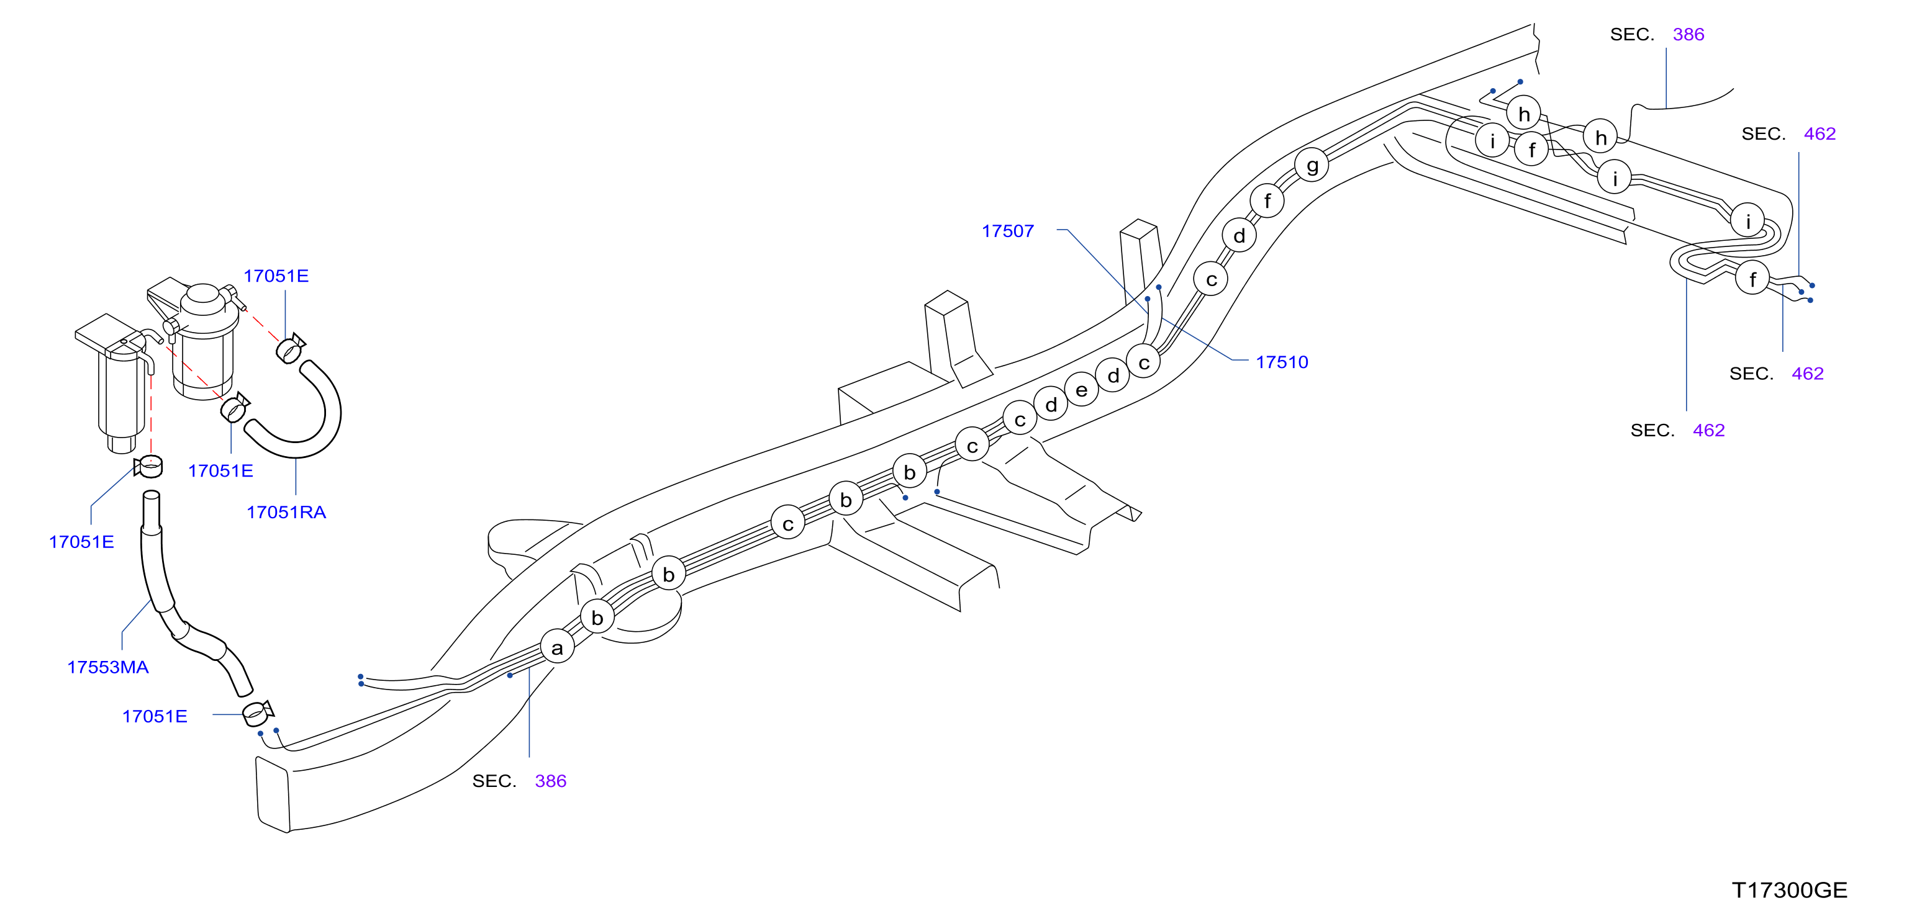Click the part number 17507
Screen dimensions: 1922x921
1007,231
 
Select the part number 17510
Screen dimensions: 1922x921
1282,362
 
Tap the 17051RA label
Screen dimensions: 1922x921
286,513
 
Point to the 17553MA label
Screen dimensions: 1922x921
108,667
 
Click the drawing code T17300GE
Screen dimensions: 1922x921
1789,891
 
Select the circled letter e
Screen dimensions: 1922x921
1082,389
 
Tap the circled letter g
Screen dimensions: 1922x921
1312,165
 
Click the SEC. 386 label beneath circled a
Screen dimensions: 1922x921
519,781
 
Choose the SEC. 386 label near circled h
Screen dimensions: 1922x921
1657,34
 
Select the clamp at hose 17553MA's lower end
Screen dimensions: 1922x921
258,714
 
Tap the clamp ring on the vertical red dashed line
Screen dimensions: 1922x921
149,466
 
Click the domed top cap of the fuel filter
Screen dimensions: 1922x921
202,294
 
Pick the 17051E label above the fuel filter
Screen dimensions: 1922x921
276,276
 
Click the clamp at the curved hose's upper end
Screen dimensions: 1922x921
289,348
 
